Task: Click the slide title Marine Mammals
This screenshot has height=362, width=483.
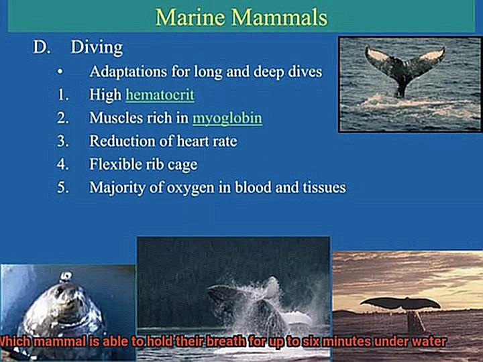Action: pos(241,17)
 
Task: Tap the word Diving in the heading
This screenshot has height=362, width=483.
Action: pos(97,48)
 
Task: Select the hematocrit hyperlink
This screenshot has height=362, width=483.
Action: pos(160,95)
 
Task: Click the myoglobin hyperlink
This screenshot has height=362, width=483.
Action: pos(227,119)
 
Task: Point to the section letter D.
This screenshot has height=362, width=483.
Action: pos(42,47)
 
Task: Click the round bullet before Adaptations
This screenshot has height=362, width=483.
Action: pos(60,72)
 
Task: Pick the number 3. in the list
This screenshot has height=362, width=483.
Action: pos(63,141)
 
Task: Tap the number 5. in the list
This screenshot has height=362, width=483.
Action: pos(63,188)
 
